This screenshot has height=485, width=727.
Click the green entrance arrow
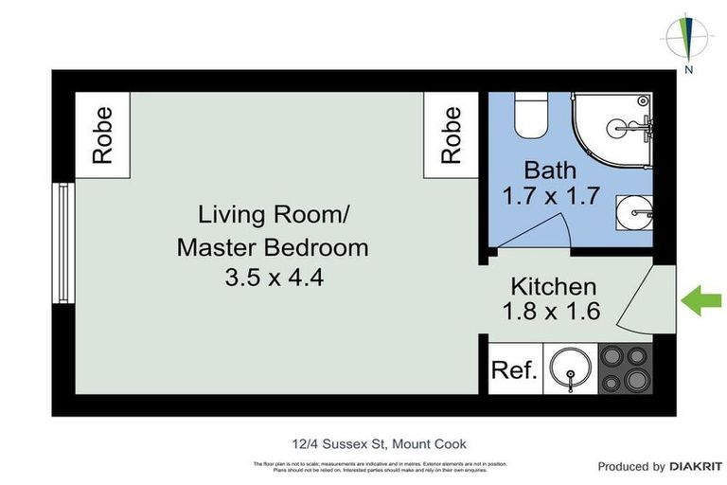[x=701, y=303]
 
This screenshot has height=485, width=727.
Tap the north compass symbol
[x=688, y=40]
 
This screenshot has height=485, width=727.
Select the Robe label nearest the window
[x=102, y=135]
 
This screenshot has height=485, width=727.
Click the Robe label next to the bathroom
[x=452, y=135]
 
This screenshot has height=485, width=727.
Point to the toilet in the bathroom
[x=530, y=117]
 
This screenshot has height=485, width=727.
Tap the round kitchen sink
[x=569, y=368]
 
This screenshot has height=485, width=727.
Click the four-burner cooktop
[x=626, y=368]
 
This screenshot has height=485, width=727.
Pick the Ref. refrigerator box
[x=514, y=369]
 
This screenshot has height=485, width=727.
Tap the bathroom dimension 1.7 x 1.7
[x=550, y=197]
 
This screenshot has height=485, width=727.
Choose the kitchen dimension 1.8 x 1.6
[x=554, y=312]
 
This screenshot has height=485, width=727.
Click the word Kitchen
[x=554, y=286]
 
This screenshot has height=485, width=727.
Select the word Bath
[x=550, y=171]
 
